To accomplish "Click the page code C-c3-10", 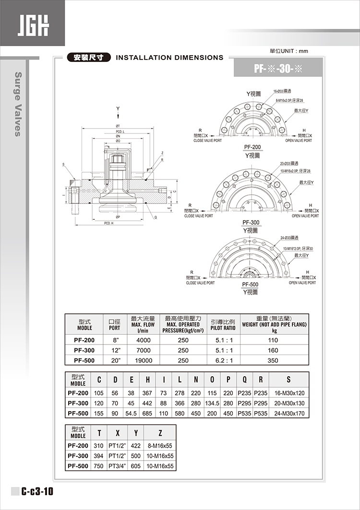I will pyautogui.click(x=37, y=492).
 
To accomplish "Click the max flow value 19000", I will pyautogui.click(x=144, y=360).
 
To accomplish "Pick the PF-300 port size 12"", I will pyautogui.click(x=115, y=350).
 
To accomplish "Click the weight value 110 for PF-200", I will pyautogui.click(x=273, y=340).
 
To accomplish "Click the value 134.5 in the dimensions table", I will pyautogui.click(x=212, y=403).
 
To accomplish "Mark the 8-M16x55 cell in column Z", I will pyautogui.click(x=160, y=446).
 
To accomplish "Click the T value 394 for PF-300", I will pyautogui.click(x=99, y=456).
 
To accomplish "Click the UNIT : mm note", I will pyautogui.click(x=289, y=50).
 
